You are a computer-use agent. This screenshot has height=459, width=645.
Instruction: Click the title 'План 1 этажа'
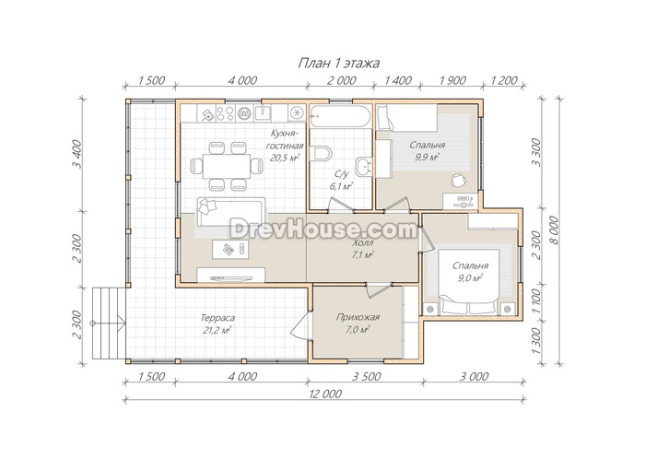coord(338,64)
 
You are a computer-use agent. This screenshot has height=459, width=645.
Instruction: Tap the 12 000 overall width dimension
coord(325,394)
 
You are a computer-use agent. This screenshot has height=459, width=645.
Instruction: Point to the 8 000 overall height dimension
coord(555,230)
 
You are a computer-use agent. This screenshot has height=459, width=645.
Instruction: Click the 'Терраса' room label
coord(217,318)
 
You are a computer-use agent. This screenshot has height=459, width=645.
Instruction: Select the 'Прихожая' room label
coord(358,317)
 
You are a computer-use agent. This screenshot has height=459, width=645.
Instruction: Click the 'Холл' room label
coord(363,243)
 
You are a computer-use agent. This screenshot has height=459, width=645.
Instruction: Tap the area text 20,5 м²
coord(285,158)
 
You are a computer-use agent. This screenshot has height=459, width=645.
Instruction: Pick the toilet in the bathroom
coord(322,154)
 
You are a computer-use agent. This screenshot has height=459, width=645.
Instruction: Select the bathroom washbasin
coord(365,166)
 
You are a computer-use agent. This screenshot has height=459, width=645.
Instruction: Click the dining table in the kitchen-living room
coord(227,166)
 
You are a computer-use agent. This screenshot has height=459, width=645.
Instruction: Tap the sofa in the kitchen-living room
coord(231,211)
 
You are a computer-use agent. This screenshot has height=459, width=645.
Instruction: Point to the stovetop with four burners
coord(226,112)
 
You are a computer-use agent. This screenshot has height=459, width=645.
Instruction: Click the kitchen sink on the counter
coord(262,112)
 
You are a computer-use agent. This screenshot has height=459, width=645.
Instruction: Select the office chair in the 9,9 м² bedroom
coord(459,180)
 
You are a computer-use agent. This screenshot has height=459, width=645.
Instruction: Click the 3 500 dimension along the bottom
coord(366,376)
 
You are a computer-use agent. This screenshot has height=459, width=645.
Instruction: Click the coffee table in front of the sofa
coord(230,249)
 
